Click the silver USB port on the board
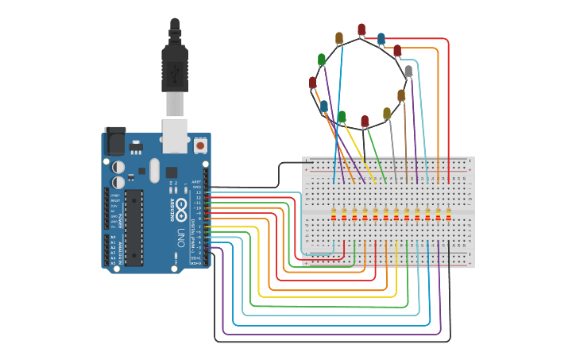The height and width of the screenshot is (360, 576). coord(174,134)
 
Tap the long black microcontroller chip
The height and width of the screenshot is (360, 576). coord(133,226)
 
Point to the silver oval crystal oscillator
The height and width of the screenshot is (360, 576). coord(154,170)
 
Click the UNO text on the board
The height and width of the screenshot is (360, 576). coord(180,236)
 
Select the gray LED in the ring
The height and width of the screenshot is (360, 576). coord(408,71)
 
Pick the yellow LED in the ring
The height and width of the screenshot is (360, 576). coord(387,114)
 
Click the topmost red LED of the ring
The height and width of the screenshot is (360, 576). coord(361,29)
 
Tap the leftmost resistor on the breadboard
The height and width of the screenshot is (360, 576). coord(334,215)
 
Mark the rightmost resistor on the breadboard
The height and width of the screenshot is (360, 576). coord(449,215)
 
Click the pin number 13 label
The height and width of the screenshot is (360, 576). coord(198,192)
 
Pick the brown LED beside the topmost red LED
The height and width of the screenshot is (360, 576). coord(339,37)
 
